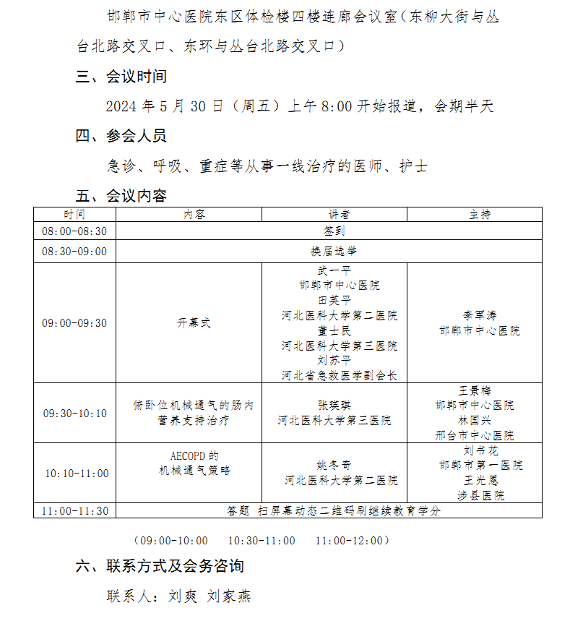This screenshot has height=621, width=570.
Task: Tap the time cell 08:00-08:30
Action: pyautogui.click(x=74, y=231)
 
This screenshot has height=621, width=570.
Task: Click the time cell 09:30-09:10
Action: pyautogui.click(x=74, y=414)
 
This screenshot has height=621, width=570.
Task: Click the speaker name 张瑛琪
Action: pyautogui.click(x=334, y=405)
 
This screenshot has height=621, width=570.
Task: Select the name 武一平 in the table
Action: pyautogui.click(x=334, y=270)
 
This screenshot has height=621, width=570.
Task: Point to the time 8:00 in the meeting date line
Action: pyautogui.click(x=336, y=106)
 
